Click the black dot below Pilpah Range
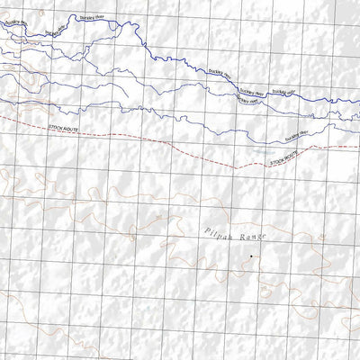point(251,257)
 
